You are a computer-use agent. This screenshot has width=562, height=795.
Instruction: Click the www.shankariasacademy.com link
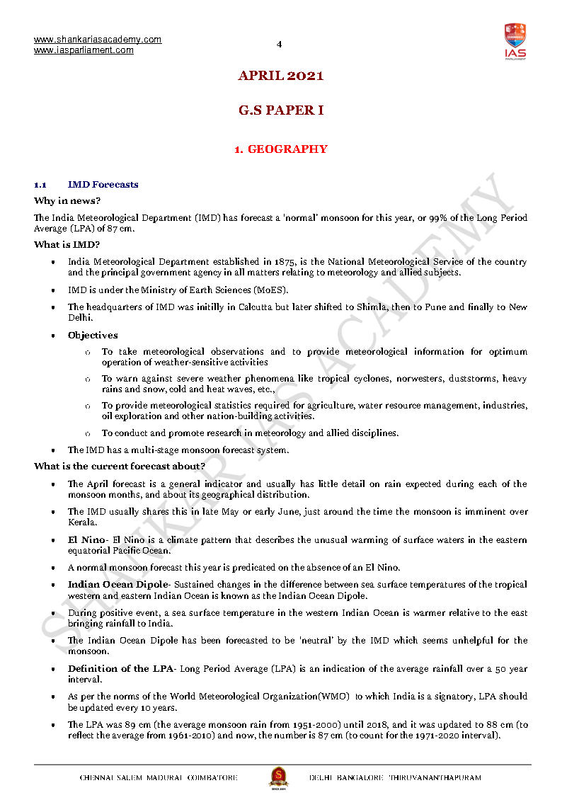coord(98,40)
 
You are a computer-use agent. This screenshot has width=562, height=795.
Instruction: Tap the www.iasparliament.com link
coord(84,50)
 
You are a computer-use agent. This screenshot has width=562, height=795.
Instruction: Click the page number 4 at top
coord(279,45)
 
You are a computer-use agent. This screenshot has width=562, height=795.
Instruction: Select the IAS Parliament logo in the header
coord(515,42)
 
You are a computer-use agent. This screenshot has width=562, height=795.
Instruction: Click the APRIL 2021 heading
coord(280,76)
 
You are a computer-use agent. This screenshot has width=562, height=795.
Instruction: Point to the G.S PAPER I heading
coord(280,110)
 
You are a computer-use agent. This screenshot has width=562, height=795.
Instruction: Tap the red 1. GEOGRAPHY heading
coord(280,149)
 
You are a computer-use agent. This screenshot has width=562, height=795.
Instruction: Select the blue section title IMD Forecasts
coord(103,185)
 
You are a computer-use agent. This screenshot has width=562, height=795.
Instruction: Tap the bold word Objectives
coord(93,336)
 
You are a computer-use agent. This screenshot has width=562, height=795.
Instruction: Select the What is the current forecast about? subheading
coord(120,467)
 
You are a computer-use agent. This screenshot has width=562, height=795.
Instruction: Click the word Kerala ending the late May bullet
coord(81,522)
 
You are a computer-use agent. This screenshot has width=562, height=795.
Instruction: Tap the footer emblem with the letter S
coord(278,777)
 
